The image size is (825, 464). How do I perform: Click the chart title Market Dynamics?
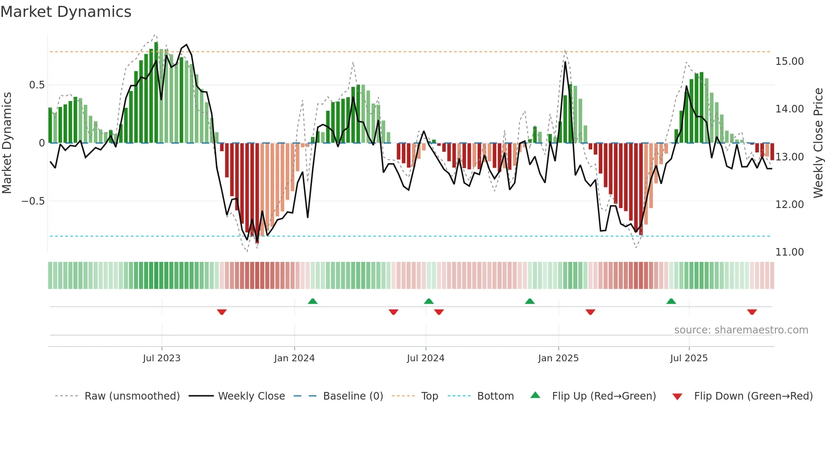tap(66, 12)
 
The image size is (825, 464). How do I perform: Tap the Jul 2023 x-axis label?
tap(162, 358)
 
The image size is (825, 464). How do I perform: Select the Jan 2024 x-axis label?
tap(294, 358)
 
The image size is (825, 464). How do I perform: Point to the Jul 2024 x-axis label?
tap(426, 358)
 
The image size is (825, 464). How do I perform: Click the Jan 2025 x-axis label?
tap(558, 358)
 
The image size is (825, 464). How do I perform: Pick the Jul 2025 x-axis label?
tap(689, 358)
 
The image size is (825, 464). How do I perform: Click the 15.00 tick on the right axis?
tap(789, 61)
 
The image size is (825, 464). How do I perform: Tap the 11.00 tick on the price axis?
tap(789, 252)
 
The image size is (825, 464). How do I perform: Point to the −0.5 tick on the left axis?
tap(33, 201)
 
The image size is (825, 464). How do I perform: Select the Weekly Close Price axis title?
tap(818, 143)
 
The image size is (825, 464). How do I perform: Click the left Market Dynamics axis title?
tap(7, 143)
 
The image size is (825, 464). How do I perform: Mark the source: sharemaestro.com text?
tap(741, 330)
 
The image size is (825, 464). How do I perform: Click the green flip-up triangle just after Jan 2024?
tap(312, 301)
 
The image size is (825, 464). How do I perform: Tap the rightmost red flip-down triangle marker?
tap(752, 312)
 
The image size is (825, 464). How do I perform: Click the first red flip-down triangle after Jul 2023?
tap(222, 312)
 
